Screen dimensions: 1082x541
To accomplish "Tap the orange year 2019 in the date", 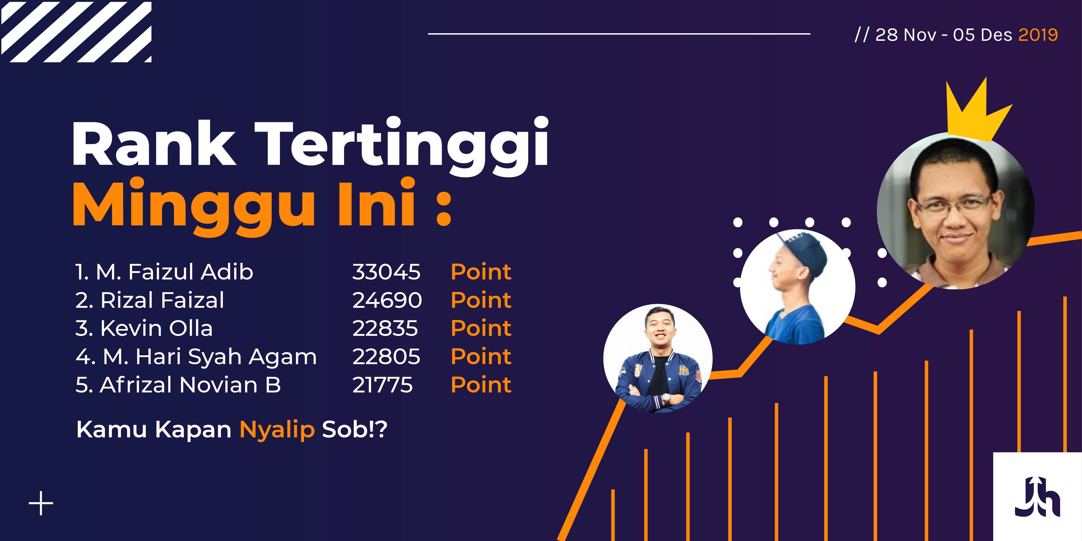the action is (x=1038, y=35).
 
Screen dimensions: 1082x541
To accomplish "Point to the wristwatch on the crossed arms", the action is (x=666, y=398).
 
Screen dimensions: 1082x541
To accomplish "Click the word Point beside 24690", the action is (x=481, y=300).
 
